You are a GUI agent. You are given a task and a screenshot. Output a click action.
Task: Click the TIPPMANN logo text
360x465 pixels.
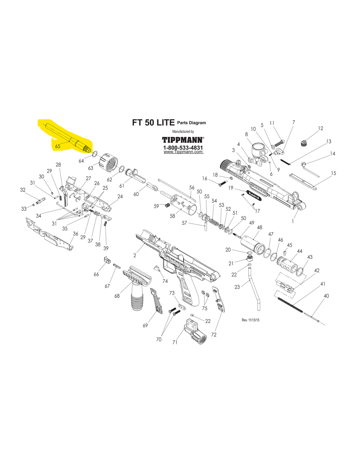183,140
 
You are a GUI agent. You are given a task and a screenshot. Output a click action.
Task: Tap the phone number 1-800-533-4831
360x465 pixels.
183,147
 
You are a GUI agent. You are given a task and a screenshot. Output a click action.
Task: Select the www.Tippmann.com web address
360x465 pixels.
183,152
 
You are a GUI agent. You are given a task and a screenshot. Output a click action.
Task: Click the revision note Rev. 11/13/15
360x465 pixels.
250,320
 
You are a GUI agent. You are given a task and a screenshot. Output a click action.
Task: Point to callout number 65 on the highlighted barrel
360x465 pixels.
58,146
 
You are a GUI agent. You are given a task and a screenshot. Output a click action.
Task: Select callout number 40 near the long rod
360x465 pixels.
326,296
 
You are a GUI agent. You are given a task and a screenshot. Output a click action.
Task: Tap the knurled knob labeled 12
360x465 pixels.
304,143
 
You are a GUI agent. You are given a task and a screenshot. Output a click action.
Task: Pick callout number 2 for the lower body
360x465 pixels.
135,255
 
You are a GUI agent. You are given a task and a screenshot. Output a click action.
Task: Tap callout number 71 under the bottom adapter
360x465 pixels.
175,342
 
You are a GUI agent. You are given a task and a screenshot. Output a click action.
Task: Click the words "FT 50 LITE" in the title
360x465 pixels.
153,123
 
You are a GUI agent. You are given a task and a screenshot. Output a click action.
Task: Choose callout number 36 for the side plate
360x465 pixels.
76,233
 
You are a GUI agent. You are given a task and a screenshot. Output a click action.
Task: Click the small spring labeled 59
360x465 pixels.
167,205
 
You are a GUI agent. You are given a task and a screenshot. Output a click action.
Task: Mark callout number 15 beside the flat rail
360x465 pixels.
333,173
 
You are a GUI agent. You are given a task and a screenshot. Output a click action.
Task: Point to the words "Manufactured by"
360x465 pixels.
183,131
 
